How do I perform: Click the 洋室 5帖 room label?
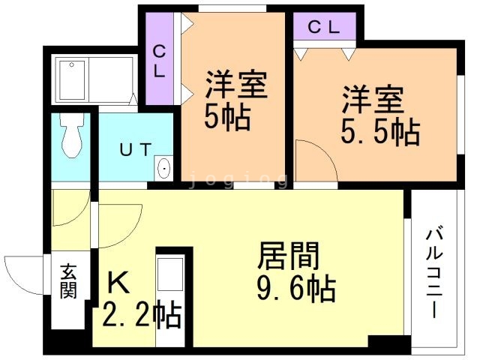tap(235, 102)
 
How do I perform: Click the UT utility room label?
tap(136, 147)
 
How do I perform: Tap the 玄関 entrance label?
tap(69, 281)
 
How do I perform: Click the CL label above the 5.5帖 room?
tap(325, 28)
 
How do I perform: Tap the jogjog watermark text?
tap(238, 180)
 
